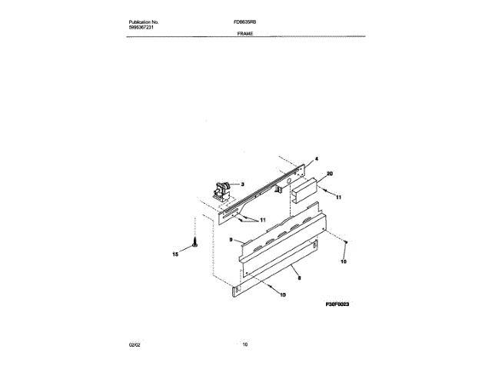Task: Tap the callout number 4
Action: [316, 159]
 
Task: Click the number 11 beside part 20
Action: [337, 198]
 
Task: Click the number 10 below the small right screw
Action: [344, 262]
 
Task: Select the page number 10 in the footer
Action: [245, 344]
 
